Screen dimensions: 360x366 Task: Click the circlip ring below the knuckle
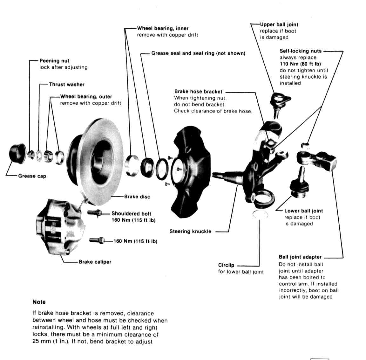pyautogui.click(x=261, y=215)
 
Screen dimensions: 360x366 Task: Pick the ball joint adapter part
pyautogui.click(x=318, y=159)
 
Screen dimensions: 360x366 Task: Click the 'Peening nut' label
pyautogui.click(x=54, y=61)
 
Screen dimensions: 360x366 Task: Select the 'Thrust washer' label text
pyautogui.click(x=67, y=85)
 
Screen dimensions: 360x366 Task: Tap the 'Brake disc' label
pyautogui.click(x=137, y=197)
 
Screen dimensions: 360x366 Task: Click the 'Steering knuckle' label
pyautogui.click(x=190, y=232)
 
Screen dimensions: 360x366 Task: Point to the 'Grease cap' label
pyautogui.click(x=32, y=176)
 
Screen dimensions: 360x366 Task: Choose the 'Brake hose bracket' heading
pyautogui.click(x=198, y=92)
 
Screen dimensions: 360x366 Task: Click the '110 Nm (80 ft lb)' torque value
pyautogui.click(x=300, y=64)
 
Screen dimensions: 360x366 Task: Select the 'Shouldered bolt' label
pyautogui.click(x=131, y=214)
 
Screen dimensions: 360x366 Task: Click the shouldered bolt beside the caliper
pyautogui.click(x=94, y=213)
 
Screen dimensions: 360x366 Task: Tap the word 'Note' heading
pyautogui.click(x=39, y=302)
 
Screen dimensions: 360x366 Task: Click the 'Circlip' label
pyautogui.click(x=226, y=265)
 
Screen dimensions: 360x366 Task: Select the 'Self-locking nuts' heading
pyautogui.click(x=301, y=51)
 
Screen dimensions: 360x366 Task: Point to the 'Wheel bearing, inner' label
pyautogui.click(x=163, y=28)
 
